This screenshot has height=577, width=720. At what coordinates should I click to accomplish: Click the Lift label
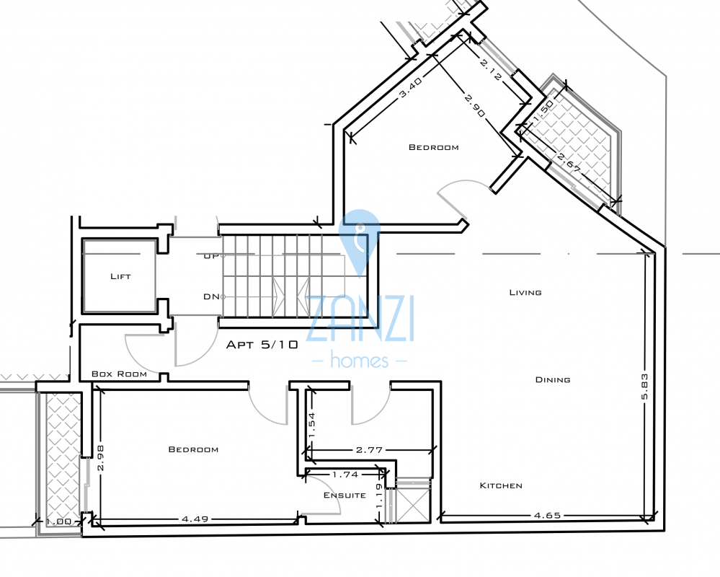tap(120, 276)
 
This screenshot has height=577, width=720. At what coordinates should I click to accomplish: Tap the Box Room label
tap(119, 374)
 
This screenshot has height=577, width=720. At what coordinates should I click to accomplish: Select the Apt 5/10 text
tap(262, 345)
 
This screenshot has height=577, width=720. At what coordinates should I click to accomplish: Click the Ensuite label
tap(340, 495)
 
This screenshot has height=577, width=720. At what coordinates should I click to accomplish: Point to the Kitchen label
tap(501, 485)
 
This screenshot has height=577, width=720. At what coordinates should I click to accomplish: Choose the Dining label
tap(553, 379)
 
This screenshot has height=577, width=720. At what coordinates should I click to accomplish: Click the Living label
tap(525, 292)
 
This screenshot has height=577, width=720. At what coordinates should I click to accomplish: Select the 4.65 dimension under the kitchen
tap(547, 515)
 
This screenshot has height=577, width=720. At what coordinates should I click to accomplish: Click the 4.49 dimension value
tap(194, 518)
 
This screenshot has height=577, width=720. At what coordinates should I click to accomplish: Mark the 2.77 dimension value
tap(369, 449)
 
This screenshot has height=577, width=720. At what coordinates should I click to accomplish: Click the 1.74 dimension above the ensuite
tap(345, 474)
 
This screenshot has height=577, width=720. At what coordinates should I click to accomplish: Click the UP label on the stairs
tap(211, 256)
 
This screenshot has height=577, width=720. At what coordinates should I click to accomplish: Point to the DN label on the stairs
tap(211, 296)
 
